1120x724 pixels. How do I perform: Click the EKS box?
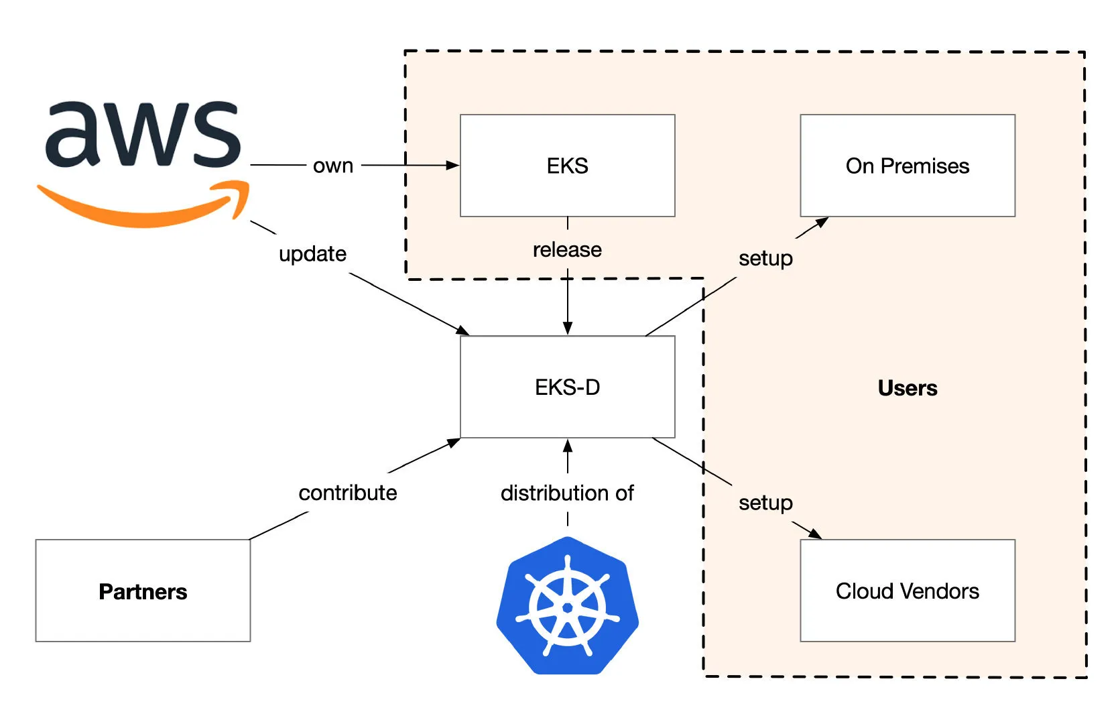tap(568, 166)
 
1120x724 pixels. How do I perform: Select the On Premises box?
tap(908, 166)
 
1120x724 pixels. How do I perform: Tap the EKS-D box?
tap(568, 387)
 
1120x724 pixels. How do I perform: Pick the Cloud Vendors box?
tap(908, 591)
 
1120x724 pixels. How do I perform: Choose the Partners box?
tap(143, 591)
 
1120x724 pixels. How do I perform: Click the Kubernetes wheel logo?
tap(568, 605)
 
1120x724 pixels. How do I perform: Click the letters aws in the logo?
tap(143, 134)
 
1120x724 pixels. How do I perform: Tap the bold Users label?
tap(908, 388)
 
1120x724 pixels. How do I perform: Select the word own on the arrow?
tap(333, 166)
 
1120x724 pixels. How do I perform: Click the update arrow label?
tap(312, 254)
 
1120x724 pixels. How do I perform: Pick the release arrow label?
tap(568, 249)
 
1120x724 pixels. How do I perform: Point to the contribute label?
tap(348, 493)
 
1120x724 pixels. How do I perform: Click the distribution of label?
tap(568, 493)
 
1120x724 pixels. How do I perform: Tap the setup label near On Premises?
tap(766, 259)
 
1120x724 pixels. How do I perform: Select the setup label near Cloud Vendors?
tap(766, 503)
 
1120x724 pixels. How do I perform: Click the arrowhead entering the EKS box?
tap(453, 165)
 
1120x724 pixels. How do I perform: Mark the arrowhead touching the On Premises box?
tap(822, 222)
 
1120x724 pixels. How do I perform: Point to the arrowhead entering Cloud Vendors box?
tap(816, 534)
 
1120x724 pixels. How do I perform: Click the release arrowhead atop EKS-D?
tap(568, 328)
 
